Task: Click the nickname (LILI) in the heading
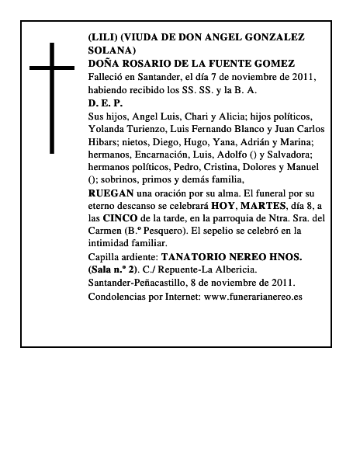tap(102, 37)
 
